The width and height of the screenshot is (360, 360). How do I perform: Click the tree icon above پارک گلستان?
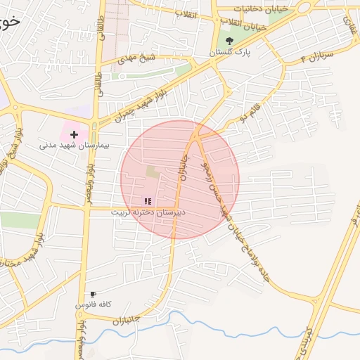(x=229, y=40)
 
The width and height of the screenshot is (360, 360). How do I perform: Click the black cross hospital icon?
(x=74, y=134)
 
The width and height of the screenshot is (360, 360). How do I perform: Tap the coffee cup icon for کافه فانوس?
(x=93, y=294)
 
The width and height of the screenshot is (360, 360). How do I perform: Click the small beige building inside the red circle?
(x=153, y=171)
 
